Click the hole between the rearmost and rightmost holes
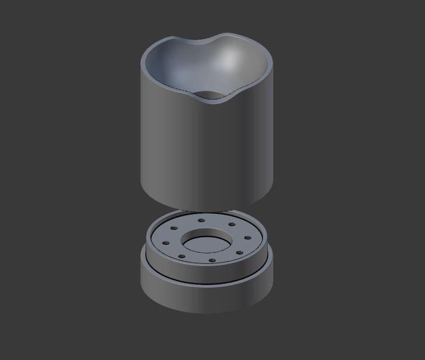tap(232, 225)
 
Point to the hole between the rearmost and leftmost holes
tap(174, 228)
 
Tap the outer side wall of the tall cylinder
tap(207, 154)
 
